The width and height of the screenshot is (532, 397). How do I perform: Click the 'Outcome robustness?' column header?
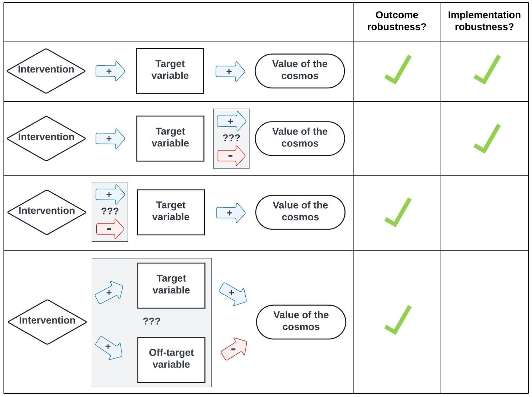click(x=397, y=21)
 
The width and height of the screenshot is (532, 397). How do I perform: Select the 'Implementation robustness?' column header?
click(x=484, y=21)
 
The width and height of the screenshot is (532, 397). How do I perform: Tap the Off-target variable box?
click(x=171, y=360)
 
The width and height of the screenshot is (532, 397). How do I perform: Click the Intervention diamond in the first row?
click(x=46, y=71)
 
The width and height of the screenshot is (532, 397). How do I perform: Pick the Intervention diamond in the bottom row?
click(x=47, y=322)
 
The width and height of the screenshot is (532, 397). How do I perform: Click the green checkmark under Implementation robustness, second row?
click(x=487, y=139)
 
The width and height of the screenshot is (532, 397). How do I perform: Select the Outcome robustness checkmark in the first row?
click(x=398, y=69)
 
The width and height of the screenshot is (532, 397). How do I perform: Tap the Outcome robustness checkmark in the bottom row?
click(x=398, y=320)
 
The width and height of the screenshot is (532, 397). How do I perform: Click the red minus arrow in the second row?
click(x=231, y=156)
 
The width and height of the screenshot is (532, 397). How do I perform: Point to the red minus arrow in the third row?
click(x=110, y=229)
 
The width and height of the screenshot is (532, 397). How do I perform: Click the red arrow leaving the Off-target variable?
click(x=234, y=349)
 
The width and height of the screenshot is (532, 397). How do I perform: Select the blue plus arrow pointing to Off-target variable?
click(x=109, y=348)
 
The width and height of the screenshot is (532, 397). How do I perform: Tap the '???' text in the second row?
click(x=231, y=138)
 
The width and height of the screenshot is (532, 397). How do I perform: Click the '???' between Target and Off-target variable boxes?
click(x=152, y=321)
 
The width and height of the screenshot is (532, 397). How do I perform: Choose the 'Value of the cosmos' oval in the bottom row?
click(x=301, y=322)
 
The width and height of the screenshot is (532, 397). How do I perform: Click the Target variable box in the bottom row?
click(x=171, y=286)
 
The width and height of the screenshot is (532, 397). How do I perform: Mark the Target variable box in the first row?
click(x=170, y=71)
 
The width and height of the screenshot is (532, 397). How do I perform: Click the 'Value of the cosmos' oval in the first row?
click(x=300, y=71)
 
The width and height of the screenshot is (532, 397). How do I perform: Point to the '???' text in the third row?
click(x=110, y=211)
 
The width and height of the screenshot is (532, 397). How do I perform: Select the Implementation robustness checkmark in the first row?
click(x=487, y=69)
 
